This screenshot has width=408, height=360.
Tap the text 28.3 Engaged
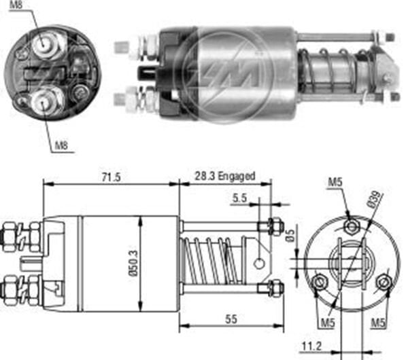pos(227,176)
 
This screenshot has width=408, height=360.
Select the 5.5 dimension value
pos(239,199)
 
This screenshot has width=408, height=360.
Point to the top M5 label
pos(334,183)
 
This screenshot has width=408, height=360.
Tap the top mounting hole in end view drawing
pos(350,226)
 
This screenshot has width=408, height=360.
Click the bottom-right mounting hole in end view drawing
pos(384,281)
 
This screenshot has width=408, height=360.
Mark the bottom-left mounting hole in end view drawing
pos(319,281)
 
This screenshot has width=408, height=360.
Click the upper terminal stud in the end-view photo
pos(47,43)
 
